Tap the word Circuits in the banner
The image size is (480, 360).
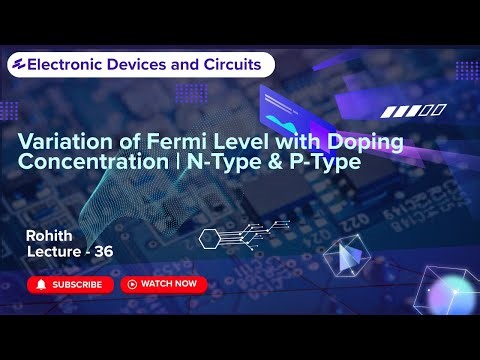point(237,64)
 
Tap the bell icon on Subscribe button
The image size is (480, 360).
point(41,284)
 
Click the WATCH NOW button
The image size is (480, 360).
point(164,284)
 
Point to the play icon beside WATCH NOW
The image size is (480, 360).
point(131,284)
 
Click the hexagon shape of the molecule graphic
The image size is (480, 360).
point(210,238)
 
